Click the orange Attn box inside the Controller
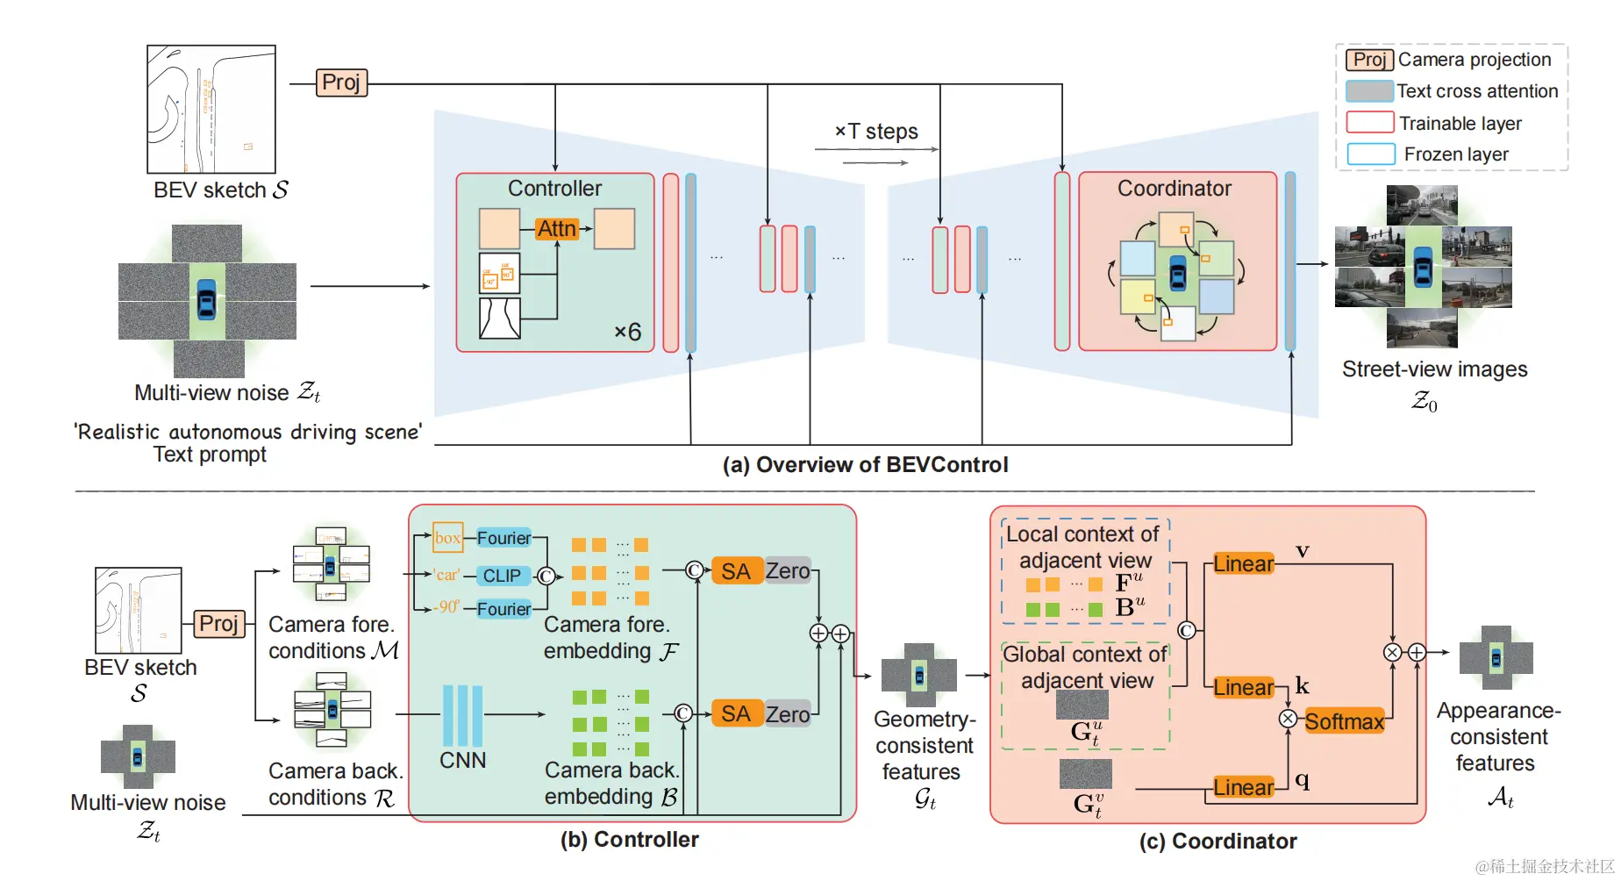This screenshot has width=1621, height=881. [557, 229]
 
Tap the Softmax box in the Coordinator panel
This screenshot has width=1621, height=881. [1344, 722]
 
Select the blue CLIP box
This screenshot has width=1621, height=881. [503, 576]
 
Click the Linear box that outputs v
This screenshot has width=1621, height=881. [1243, 564]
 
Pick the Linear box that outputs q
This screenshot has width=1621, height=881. [1243, 788]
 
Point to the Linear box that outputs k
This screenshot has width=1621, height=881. [1243, 688]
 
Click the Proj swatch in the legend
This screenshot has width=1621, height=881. [1369, 60]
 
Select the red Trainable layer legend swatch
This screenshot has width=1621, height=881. [1369, 123]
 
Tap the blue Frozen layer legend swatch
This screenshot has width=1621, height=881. [1370, 154]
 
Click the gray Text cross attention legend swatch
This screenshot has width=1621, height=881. [1369, 91]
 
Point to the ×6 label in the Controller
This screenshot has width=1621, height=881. [627, 332]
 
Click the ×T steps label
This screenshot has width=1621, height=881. [876, 132]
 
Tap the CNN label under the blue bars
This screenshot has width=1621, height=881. [462, 760]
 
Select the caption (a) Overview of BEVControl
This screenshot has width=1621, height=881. [865, 465]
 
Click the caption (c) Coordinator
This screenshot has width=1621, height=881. [1218, 842]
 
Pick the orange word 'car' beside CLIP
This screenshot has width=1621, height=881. [446, 576]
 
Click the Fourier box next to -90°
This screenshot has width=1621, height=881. [503, 609]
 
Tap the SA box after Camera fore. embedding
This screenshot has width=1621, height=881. [736, 571]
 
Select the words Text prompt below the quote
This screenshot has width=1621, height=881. [210, 455]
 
